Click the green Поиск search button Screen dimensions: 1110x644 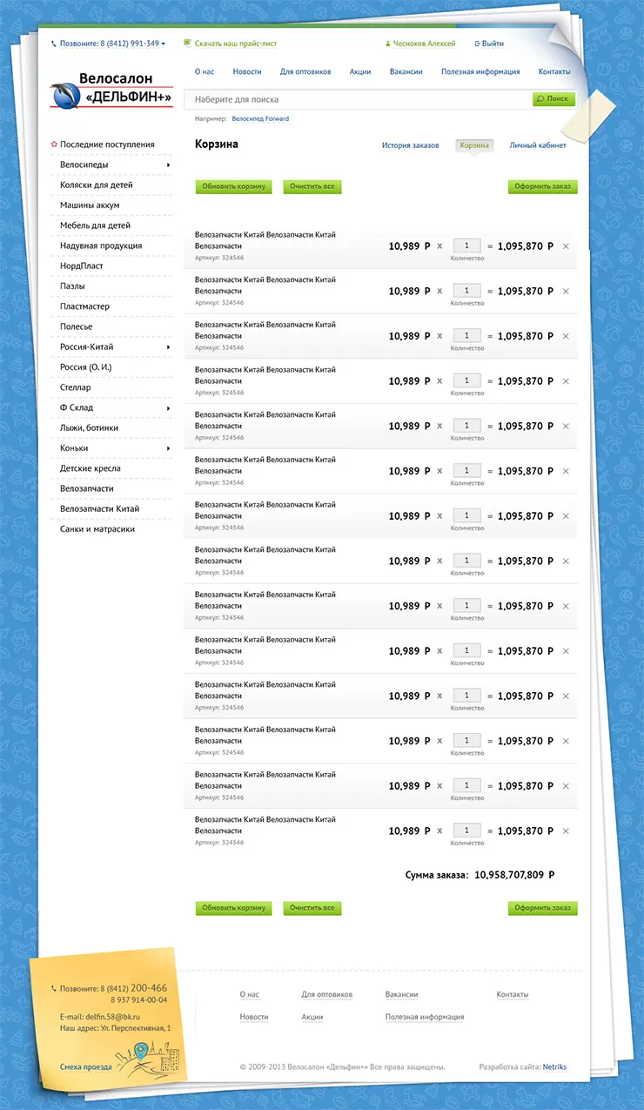pyautogui.click(x=553, y=99)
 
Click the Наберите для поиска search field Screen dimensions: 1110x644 pyautogui.click(x=357, y=99)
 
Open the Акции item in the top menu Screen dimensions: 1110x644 pyautogui.click(x=360, y=71)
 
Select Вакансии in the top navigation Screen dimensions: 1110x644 pyautogui.click(x=406, y=71)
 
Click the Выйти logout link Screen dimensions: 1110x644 pyautogui.click(x=492, y=44)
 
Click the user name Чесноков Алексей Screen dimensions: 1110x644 pyautogui.click(x=423, y=44)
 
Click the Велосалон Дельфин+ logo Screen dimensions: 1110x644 pyautogui.click(x=111, y=91)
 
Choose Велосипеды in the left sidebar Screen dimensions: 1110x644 pyautogui.click(x=84, y=165)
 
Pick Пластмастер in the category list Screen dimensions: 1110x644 pyautogui.click(x=84, y=306)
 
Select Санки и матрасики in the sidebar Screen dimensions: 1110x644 pyautogui.click(x=97, y=529)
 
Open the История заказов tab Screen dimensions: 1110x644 pyautogui.click(x=410, y=145)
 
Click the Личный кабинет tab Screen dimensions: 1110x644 pyautogui.click(x=538, y=145)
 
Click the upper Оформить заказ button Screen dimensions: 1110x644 pyautogui.click(x=542, y=186)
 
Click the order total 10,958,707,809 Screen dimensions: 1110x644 pyautogui.click(x=509, y=875)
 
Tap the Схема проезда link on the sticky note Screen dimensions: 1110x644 pyautogui.click(x=85, y=1066)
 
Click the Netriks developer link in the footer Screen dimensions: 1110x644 pyautogui.click(x=554, y=1066)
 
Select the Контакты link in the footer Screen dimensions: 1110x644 pyautogui.click(x=512, y=994)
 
